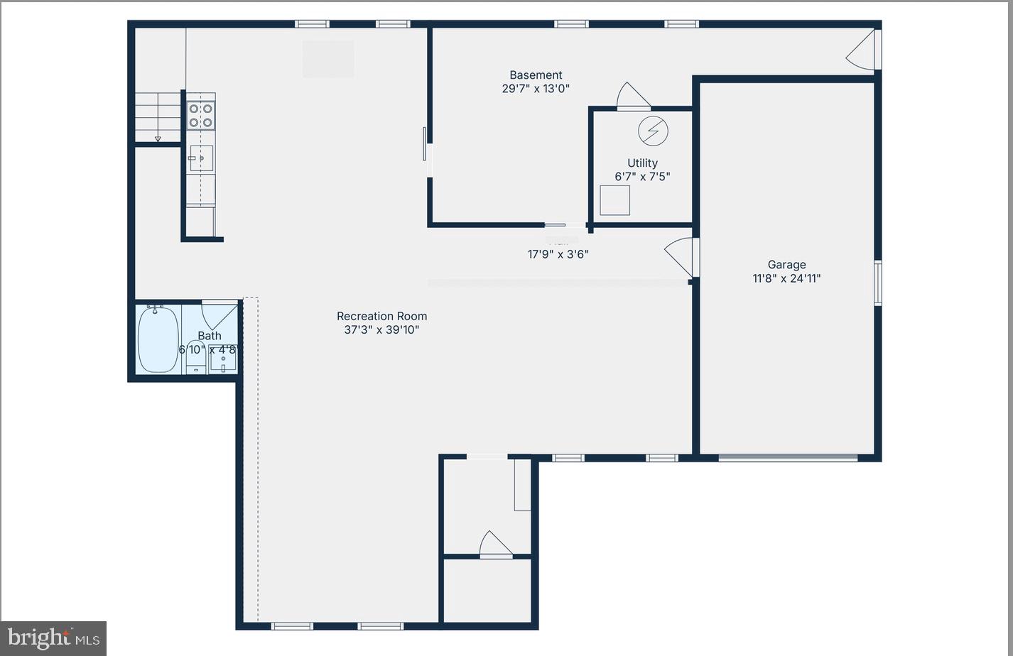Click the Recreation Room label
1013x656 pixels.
tap(381, 317)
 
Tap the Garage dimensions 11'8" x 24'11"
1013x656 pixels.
tap(786, 278)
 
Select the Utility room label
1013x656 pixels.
tap(642, 163)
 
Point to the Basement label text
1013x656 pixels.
tap(536, 75)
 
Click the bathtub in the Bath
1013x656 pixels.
tap(158, 340)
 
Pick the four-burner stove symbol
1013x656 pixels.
tap(200, 115)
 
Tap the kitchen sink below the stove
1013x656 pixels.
tap(201, 158)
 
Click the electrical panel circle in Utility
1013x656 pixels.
tap(653, 131)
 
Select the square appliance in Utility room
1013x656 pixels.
tap(614, 200)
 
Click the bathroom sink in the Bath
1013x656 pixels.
tap(222, 359)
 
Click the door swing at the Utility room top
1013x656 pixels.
tap(632, 97)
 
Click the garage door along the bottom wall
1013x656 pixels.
tap(788, 458)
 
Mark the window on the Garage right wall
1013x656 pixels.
tap(877, 283)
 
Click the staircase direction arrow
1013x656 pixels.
tap(158, 138)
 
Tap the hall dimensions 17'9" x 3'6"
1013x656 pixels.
tap(558, 254)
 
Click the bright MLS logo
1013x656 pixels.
tap(53, 638)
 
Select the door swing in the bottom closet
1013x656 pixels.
tap(495, 545)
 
